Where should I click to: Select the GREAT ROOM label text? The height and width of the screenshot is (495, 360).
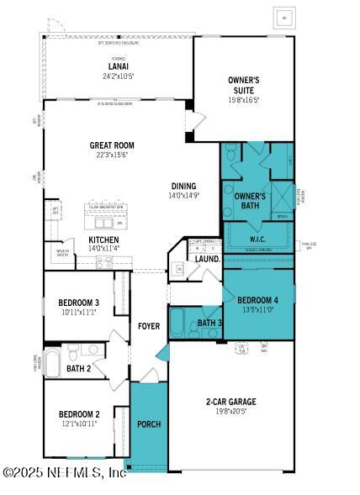point(112,145)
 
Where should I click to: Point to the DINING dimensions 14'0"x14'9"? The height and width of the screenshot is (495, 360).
point(183,196)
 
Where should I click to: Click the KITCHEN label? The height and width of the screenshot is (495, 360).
point(104,239)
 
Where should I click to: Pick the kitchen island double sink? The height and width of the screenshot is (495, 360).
point(105,223)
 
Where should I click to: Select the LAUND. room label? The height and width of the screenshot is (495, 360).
point(208,259)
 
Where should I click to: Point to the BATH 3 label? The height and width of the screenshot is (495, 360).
point(209,323)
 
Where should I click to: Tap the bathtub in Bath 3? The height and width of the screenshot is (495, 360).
point(177,322)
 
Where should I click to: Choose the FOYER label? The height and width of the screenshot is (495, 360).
point(149,326)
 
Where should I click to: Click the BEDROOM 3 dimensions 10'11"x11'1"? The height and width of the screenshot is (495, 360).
point(79,312)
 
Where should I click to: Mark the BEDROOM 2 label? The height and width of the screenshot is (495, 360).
point(79,413)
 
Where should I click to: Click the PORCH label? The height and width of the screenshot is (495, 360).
point(149,424)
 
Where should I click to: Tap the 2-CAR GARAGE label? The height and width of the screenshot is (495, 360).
point(230,402)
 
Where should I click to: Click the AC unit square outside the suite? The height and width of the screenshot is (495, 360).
point(284,17)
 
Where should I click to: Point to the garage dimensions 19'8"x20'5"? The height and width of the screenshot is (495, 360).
point(230,412)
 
